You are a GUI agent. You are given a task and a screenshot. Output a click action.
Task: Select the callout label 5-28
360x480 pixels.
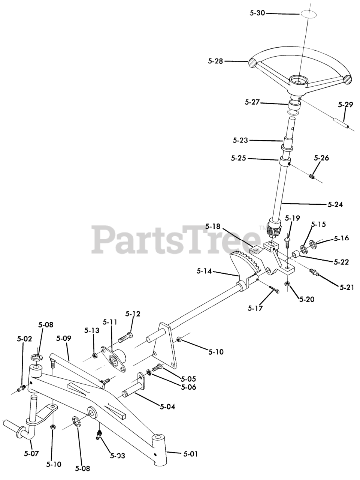(x=215, y=61)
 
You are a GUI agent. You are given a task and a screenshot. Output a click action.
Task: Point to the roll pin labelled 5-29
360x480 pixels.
(x=341, y=123)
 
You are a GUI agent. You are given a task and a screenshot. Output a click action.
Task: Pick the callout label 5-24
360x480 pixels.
(x=335, y=205)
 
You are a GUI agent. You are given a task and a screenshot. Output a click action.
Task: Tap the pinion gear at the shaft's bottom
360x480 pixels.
(x=274, y=228)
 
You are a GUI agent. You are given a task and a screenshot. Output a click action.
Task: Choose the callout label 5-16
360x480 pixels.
(x=341, y=238)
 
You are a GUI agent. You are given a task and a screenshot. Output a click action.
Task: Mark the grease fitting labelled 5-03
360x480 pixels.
(x=99, y=435)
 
